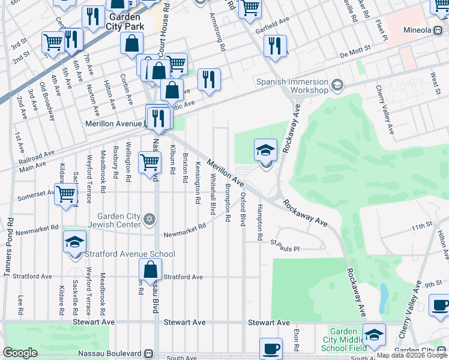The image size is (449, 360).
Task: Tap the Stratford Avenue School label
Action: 130,254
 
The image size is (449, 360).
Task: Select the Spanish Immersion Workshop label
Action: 292,86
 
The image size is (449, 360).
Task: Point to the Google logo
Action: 20,353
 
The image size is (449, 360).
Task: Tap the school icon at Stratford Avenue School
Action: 75,243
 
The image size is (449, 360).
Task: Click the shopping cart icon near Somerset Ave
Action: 65,194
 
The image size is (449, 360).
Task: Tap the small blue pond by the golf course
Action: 384,294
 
